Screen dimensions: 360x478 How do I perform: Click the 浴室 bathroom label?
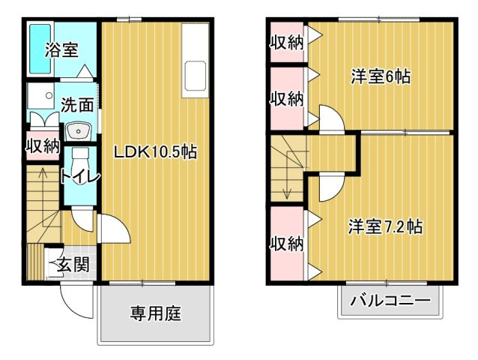point(61,50)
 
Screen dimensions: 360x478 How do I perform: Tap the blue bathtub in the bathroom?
point(38,49)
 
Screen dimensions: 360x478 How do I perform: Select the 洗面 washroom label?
point(77,106)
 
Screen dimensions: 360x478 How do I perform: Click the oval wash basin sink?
point(77,132)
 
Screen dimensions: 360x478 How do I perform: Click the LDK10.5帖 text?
point(155,151)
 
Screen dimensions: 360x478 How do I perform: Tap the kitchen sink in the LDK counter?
point(195,76)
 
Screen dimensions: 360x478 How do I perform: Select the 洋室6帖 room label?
point(381,77)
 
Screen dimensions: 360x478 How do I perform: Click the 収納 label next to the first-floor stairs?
point(43,145)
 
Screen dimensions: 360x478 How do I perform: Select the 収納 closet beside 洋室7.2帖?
point(286,243)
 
